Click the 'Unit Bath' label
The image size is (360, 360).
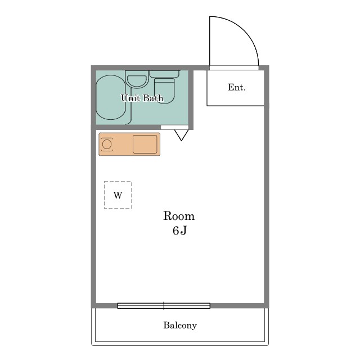click(x=142, y=98)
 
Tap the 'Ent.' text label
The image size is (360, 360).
click(x=237, y=87)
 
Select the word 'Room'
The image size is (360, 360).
click(x=179, y=216)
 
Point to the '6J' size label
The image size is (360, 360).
click(x=180, y=230)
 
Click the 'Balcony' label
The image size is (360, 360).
click(x=180, y=325)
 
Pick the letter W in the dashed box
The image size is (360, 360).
click(x=118, y=195)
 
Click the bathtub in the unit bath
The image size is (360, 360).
click(x=111, y=97)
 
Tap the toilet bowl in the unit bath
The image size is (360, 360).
click(x=165, y=91)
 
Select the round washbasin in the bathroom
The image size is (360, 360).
click(x=137, y=81)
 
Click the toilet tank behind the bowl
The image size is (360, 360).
click(x=164, y=74)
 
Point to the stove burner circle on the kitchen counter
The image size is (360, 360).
click(x=107, y=145)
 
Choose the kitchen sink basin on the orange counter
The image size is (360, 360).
click(x=145, y=144)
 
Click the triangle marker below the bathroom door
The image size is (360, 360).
click(x=181, y=135)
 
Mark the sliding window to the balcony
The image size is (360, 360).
click(x=164, y=306)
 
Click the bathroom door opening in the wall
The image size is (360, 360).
click(x=174, y=128)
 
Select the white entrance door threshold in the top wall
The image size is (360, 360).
click(x=234, y=68)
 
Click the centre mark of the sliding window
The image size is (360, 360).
click(x=164, y=306)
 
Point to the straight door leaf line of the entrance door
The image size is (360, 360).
click(x=210, y=41)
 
